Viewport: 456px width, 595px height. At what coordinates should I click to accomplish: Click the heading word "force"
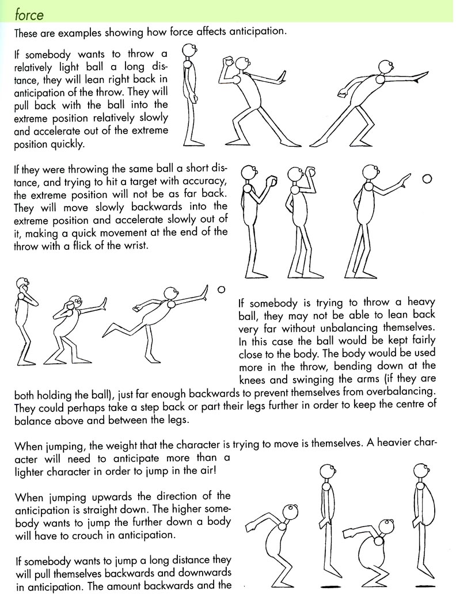point(29,12)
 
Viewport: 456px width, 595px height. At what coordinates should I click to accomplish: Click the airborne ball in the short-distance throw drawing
point(427,180)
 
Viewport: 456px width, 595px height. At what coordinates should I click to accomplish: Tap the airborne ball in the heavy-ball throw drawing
point(221,289)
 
